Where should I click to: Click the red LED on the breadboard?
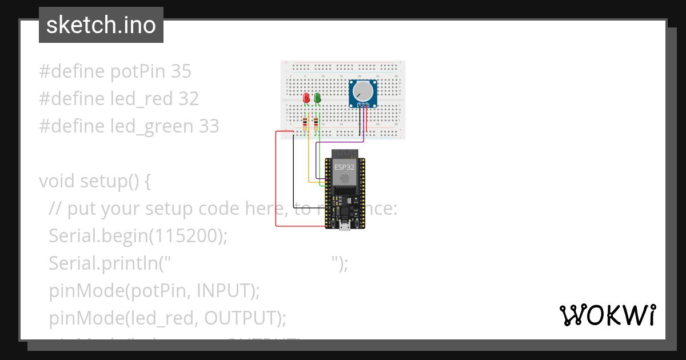[x=306, y=98]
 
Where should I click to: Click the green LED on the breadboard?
[x=317, y=98]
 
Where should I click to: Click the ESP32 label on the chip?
[x=344, y=167]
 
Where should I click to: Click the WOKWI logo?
[x=607, y=315]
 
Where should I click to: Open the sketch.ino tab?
[x=101, y=25]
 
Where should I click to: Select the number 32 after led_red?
[x=188, y=99]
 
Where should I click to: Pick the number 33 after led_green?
[x=209, y=126]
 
